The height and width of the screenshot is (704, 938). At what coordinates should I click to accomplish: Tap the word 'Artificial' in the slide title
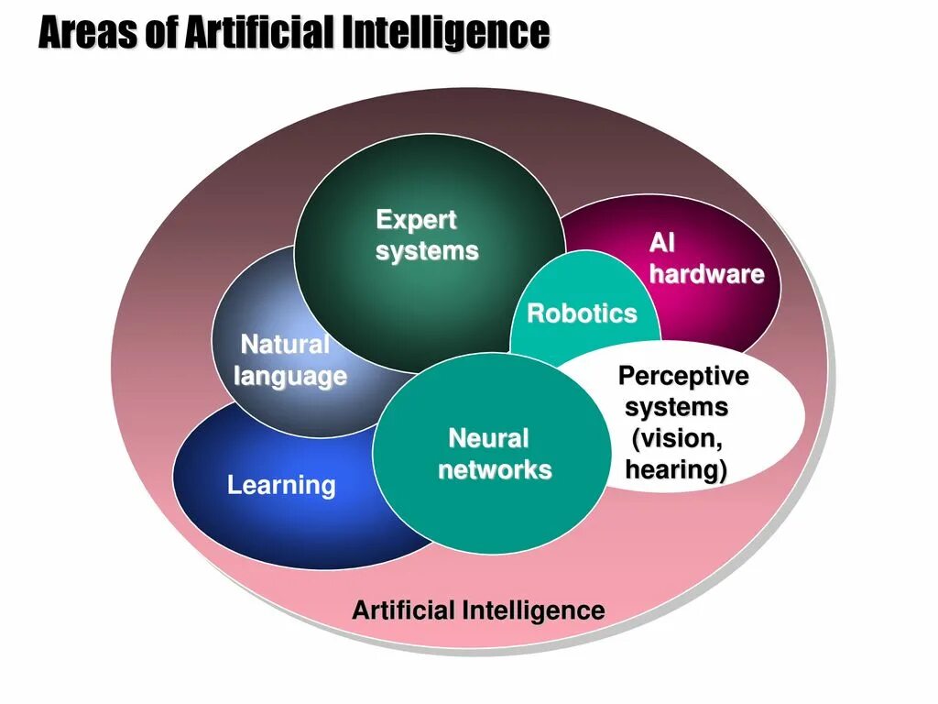pyautogui.click(x=261, y=34)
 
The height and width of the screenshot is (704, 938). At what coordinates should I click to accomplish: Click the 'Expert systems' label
pyautogui.click(x=426, y=236)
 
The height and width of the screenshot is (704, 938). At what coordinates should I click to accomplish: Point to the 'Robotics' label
pyautogui.click(x=582, y=313)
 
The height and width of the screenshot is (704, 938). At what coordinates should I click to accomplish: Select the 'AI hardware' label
pyautogui.click(x=706, y=258)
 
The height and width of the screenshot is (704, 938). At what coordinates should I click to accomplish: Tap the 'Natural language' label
pyautogui.click(x=289, y=360)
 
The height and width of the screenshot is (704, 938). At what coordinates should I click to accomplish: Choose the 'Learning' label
pyautogui.click(x=281, y=485)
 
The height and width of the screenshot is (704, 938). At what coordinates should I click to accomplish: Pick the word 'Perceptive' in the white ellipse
pyautogui.click(x=682, y=376)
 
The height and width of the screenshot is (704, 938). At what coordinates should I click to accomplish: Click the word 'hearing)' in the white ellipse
pyautogui.click(x=676, y=470)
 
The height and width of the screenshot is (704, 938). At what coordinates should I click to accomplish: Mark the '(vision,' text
pyautogui.click(x=677, y=438)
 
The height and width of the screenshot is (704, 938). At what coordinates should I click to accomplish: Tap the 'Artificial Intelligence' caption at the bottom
pyautogui.click(x=478, y=610)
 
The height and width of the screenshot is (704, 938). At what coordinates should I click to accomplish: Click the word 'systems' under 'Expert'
pyautogui.click(x=427, y=251)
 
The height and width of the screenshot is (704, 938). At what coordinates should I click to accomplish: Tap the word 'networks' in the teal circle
pyautogui.click(x=495, y=470)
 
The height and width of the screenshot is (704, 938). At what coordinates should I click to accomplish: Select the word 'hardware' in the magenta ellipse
pyautogui.click(x=706, y=274)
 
